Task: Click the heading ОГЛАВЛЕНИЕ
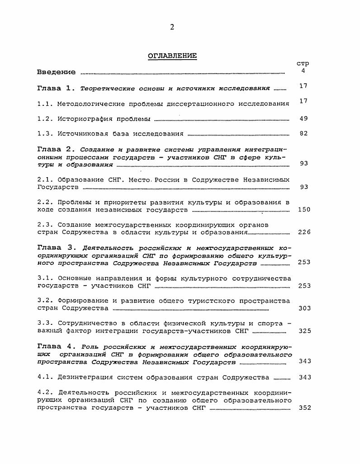coord(172,56)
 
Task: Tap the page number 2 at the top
coord(172,27)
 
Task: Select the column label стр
coord(303,64)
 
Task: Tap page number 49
coord(303,118)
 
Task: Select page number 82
coord(303,134)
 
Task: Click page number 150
coord(304,210)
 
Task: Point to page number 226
coord(304,232)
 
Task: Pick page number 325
coord(304,331)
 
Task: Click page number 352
coord(304,408)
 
